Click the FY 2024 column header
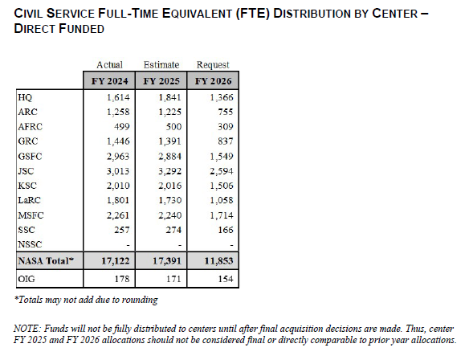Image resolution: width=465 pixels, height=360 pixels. (x=109, y=81)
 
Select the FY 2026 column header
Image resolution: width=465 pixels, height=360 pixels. (x=213, y=81)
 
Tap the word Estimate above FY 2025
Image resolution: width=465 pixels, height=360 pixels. (x=161, y=65)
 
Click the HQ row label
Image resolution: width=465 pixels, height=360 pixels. (x=25, y=97)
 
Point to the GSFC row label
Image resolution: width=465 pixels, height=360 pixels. (x=30, y=156)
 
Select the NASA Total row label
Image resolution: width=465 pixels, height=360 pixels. (x=46, y=260)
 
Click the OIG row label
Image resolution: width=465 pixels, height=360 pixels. (x=27, y=279)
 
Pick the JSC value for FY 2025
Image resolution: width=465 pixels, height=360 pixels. (x=169, y=171)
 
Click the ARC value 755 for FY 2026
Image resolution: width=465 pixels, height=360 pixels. (x=226, y=112)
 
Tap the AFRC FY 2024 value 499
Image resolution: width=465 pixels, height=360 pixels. (x=122, y=127)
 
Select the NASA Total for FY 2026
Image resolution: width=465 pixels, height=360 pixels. (x=218, y=261)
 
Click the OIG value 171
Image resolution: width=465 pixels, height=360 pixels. (x=173, y=279)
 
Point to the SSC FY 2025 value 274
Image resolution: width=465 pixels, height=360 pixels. (x=173, y=230)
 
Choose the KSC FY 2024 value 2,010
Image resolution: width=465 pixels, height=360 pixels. (x=118, y=186)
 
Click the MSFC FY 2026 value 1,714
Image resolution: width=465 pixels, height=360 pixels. (x=222, y=215)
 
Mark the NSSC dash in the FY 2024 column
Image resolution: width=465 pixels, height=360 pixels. (x=128, y=245)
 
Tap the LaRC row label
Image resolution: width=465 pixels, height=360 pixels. (x=29, y=200)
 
